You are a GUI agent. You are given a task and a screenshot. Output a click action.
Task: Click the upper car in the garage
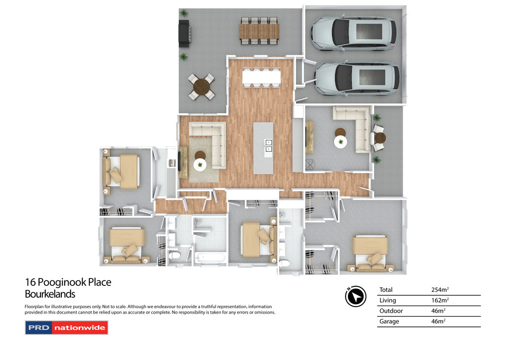pos(353,33)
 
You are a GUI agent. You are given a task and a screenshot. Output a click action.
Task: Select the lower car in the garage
pos(356,79)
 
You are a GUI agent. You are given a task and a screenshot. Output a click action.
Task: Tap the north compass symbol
pos(355,296)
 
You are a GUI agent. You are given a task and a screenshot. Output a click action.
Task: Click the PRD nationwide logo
pos(66,327)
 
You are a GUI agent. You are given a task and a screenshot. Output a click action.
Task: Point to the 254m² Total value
pos(439,290)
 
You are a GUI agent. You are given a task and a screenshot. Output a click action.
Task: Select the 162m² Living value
pos(439,300)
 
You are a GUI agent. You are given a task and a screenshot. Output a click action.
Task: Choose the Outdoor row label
pos(391,311)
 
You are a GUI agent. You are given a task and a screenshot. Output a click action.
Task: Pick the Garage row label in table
pos(389,321)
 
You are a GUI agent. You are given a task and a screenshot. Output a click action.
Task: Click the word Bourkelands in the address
pos(50,294)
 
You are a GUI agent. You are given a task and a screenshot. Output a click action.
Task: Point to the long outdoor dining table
pos(259,31)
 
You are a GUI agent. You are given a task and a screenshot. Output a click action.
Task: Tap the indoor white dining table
pos(261,77)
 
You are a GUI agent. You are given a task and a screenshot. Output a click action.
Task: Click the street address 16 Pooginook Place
pos(68,282)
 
